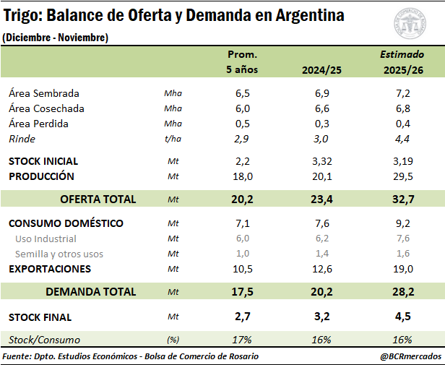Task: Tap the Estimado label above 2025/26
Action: click(398, 54)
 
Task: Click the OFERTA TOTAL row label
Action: click(98, 199)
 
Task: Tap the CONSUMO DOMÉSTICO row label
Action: click(66, 223)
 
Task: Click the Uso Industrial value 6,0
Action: click(243, 239)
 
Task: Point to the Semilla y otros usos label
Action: click(59, 254)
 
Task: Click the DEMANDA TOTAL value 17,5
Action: click(243, 292)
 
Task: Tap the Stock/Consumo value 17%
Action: click(243, 340)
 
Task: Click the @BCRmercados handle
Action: click(410, 356)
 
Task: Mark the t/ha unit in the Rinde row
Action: click(172, 139)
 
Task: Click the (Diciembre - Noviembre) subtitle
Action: click(56, 38)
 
